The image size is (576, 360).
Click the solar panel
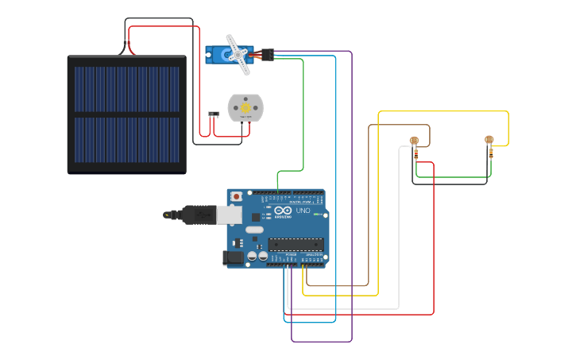[x=126, y=114]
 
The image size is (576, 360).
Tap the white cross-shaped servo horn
[x=237, y=53]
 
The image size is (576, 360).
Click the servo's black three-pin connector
[x=268, y=55]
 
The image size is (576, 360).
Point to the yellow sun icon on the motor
[x=245, y=108]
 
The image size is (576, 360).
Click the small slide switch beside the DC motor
[x=213, y=114]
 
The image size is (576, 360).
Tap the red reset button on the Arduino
[x=236, y=196]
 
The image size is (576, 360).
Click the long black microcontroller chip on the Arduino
[x=296, y=244]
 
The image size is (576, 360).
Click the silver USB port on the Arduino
[x=229, y=214]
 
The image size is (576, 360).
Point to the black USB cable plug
[x=195, y=214]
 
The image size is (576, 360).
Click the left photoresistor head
[x=414, y=141]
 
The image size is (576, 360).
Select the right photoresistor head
[x=489, y=141]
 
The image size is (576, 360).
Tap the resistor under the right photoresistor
[x=490, y=153]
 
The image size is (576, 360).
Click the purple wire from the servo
[x=351, y=199]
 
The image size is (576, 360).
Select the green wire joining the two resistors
[x=453, y=176]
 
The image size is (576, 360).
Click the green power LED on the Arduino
[x=316, y=214]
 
